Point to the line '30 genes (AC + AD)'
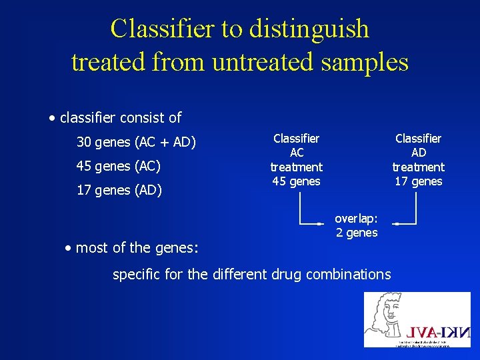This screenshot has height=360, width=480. (136, 141)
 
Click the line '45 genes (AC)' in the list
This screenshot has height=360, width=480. (119, 165)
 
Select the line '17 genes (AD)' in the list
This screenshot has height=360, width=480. (119, 190)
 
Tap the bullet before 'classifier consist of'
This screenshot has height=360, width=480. (52, 119)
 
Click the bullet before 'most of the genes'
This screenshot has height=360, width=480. (68, 249)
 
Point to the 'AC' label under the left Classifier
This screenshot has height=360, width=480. (296, 153)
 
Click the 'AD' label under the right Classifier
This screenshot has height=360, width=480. (419, 153)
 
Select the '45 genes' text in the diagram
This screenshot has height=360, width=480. (296, 181)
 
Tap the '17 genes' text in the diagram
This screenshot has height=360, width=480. (419, 181)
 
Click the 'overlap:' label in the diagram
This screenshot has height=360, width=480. (356, 218)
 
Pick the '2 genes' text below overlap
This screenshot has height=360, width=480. (357, 233)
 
